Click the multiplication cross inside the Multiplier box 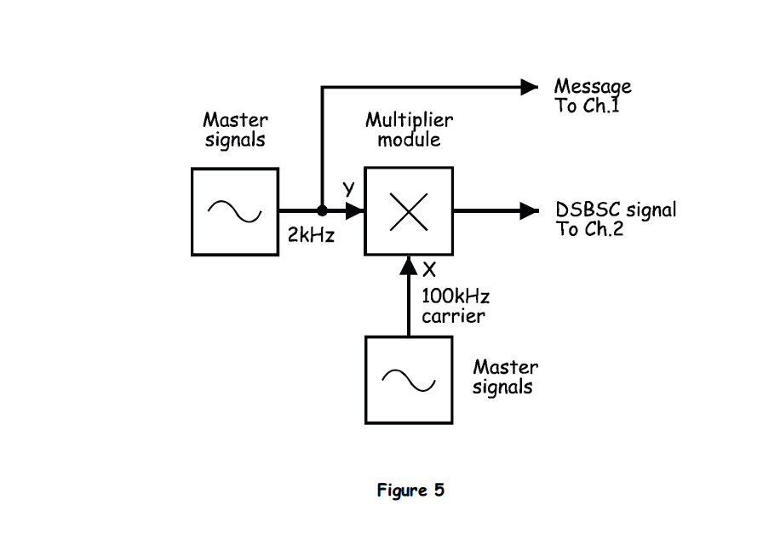(409, 211)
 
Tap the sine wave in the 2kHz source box (235, 211)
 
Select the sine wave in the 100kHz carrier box (409, 380)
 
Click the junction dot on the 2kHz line (322, 210)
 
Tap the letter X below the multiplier (429, 270)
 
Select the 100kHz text (456, 296)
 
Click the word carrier (453, 316)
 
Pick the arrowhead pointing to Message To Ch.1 (530, 86)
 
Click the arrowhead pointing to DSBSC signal (530, 210)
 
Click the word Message (593, 87)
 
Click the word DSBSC (588, 210)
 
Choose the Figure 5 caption (410, 491)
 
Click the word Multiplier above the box (409, 119)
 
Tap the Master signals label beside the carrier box (505, 377)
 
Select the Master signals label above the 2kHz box (235, 129)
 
